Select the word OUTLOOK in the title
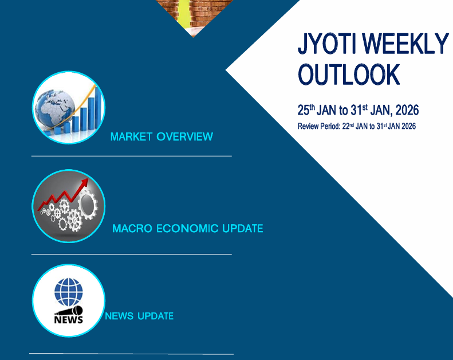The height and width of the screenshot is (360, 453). pos(348,75)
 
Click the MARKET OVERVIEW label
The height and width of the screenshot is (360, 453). pos(161,137)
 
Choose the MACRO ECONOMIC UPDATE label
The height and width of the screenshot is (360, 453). pos(188,229)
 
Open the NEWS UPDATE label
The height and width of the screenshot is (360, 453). pos(139,316)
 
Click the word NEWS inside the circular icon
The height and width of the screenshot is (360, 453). pos(68,319)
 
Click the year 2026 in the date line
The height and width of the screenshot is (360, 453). pos(406,110)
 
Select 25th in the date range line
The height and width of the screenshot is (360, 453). pos(306,110)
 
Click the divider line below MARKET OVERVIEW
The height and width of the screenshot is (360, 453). pos(131,155)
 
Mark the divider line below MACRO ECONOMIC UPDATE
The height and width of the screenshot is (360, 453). pos(131,254)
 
